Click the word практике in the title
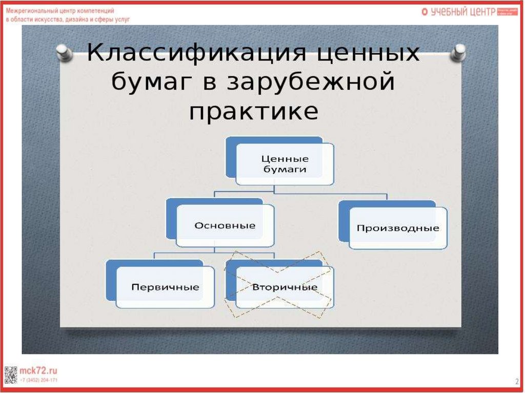point(253,111)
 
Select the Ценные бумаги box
point(285,164)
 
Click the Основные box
point(225,225)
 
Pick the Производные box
point(398,228)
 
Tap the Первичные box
point(165,287)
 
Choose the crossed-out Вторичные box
point(285,287)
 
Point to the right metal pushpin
point(459,51)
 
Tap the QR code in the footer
point(11,375)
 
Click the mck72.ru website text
point(38,370)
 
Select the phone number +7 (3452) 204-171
point(38,380)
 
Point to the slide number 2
point(516,382)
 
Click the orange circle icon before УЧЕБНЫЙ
point(425,12)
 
